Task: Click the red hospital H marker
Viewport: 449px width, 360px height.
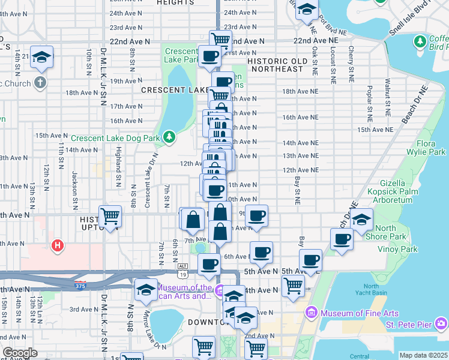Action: (x=58, y=245)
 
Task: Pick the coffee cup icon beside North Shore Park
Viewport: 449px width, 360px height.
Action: (x=342, y=239)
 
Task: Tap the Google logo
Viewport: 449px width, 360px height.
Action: (x=20, y=353)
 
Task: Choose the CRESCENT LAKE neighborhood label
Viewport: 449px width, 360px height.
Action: (x=167, y=90)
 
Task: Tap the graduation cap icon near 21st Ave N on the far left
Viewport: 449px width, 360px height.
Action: (x=42, y=57)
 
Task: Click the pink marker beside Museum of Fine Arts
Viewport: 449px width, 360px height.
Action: (x=311, y=313)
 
